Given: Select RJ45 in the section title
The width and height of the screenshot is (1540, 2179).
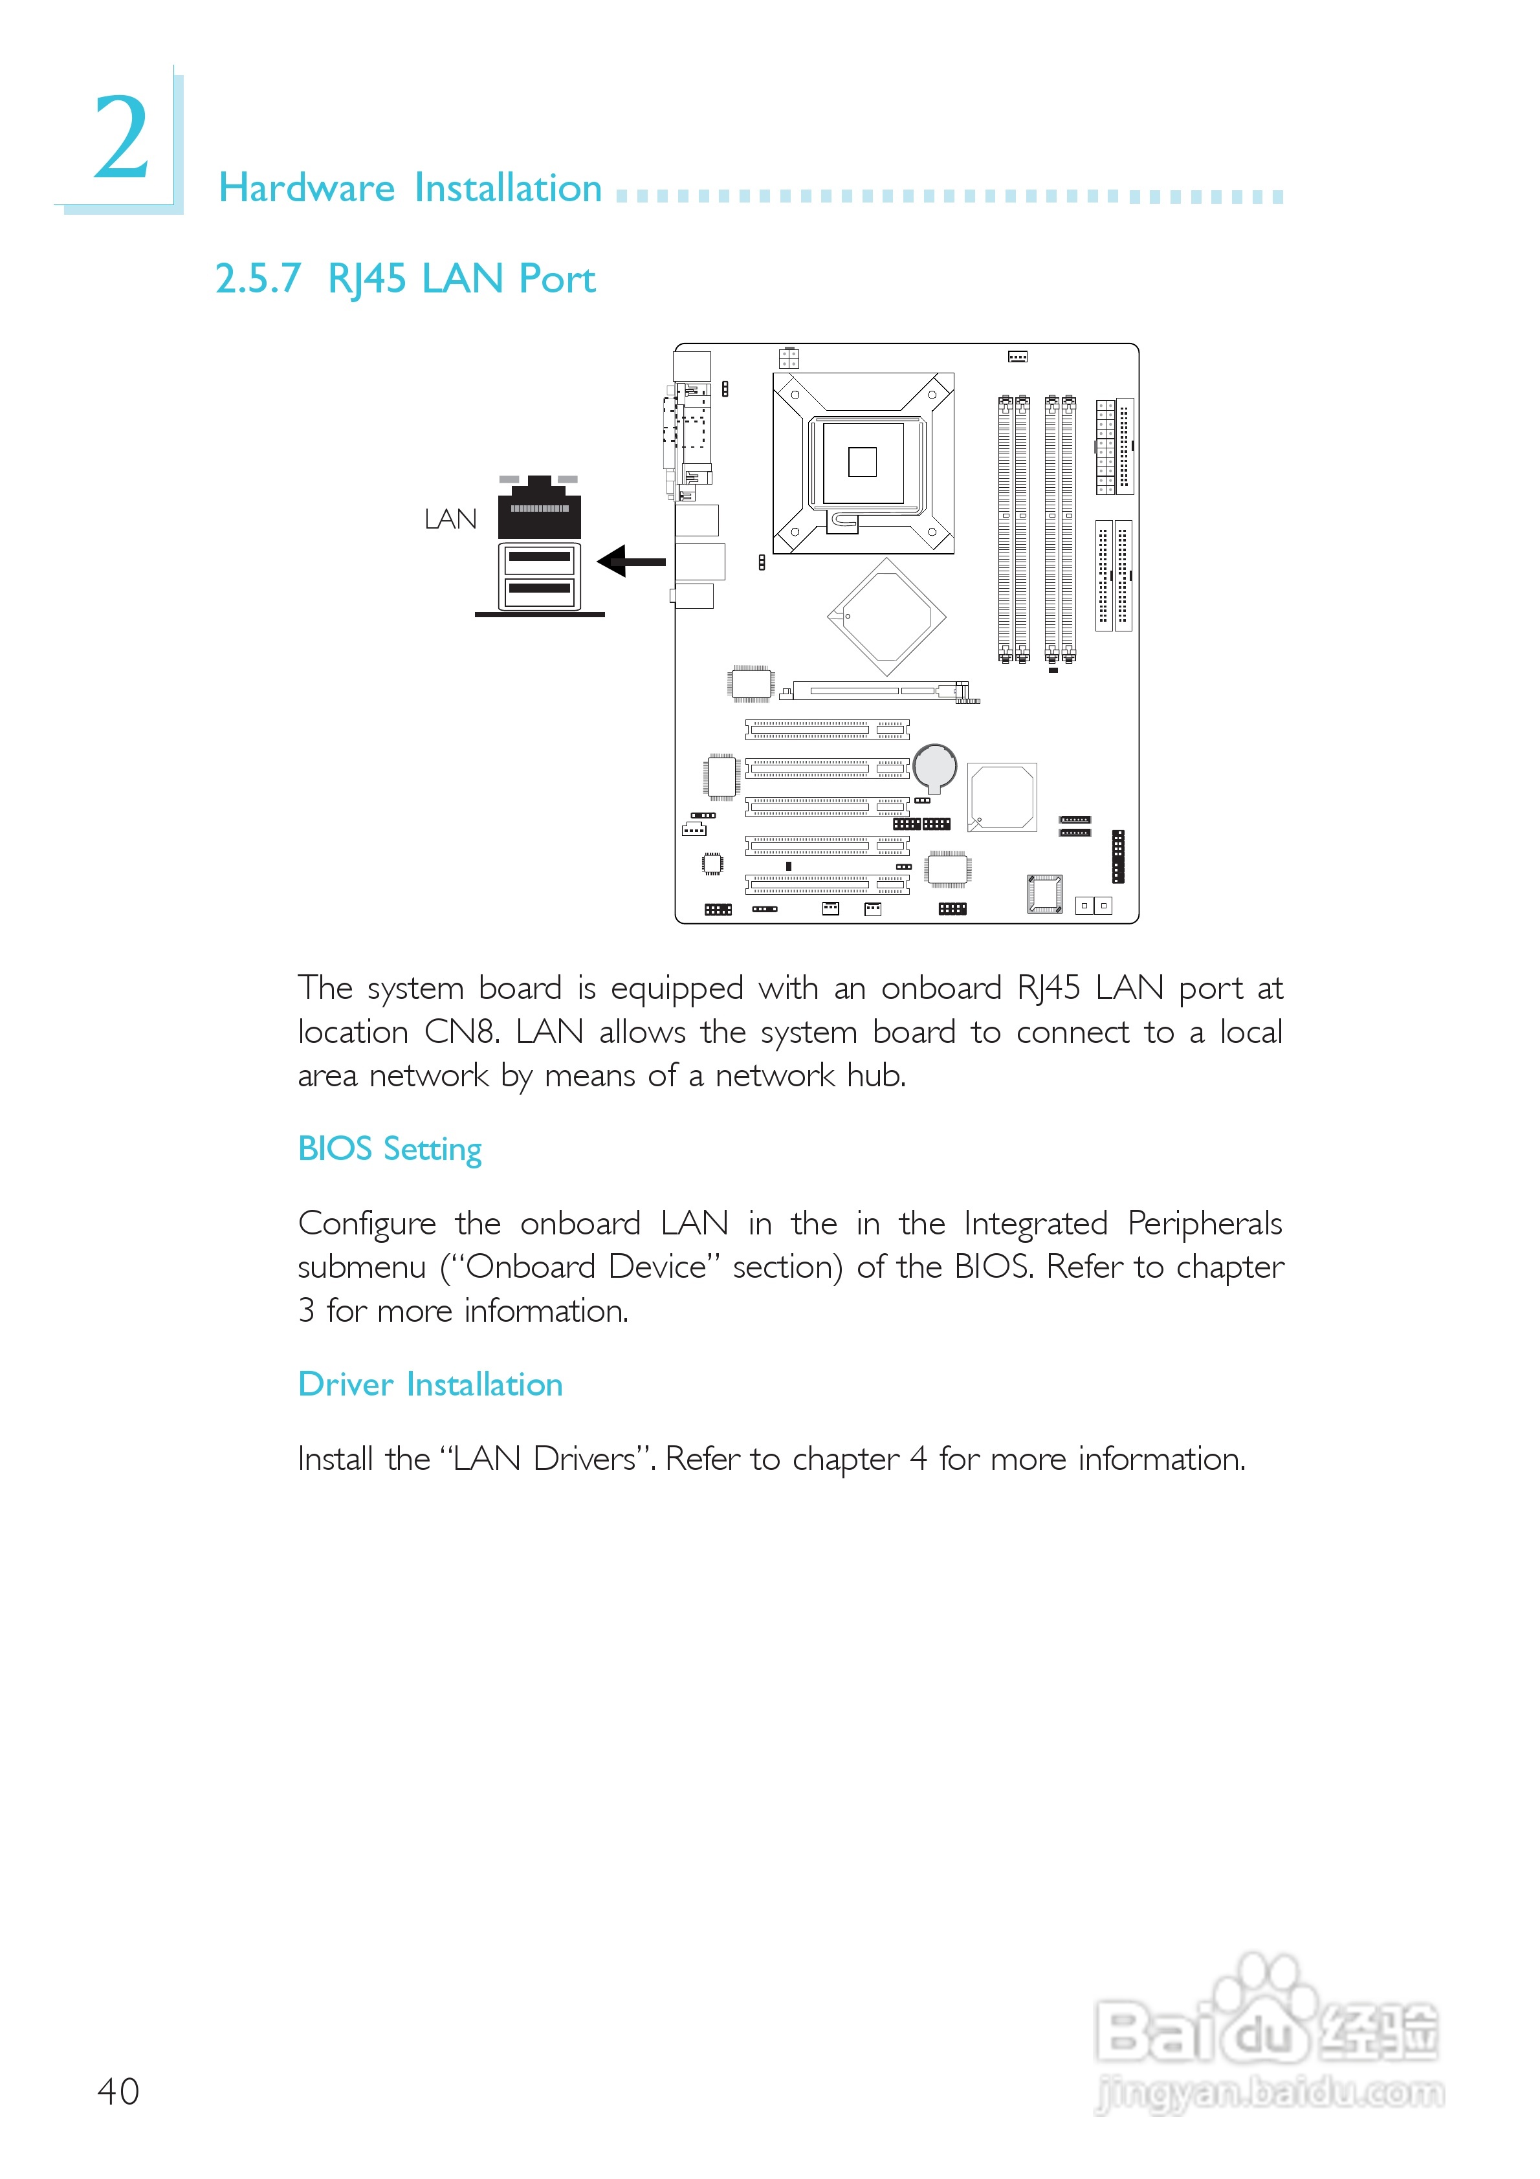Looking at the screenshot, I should click(x=366, y=279).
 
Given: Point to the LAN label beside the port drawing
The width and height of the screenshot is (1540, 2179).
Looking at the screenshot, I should click(x=450, y=519).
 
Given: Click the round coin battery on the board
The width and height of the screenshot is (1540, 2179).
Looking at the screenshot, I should click(x=934, y=765).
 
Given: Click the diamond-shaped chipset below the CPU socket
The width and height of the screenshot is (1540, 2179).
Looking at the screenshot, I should click(x=886, y=617).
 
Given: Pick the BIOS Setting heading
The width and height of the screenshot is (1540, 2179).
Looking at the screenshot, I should click(x=390, y=1148).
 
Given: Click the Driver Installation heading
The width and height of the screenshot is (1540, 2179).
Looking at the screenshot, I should click(x=430, y=1384).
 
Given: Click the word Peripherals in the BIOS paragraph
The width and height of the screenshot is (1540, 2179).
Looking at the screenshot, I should click(x=1204, y=1223).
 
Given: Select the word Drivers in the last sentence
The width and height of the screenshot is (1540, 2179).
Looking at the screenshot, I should click(x=585, y=1459).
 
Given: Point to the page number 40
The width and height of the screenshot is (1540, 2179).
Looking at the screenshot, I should click(x=118, y=2092).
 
